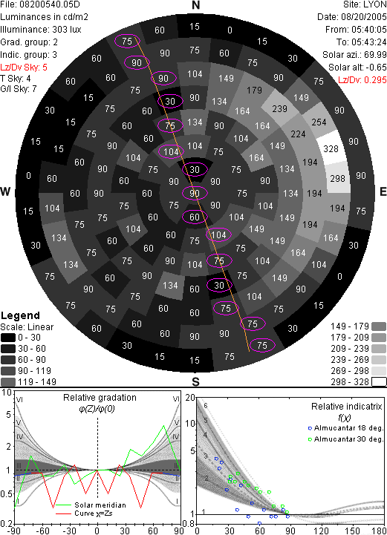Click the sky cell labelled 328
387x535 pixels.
(331, 148)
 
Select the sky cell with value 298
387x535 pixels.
(338, 178)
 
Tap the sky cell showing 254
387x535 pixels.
(319, 122)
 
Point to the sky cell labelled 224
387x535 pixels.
(298, 134)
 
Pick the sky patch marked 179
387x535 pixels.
(255, 90)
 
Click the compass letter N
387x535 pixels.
(195, 5)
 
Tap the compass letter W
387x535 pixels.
(4, 191)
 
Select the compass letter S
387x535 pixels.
(195, 381)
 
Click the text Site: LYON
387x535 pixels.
(365, 4)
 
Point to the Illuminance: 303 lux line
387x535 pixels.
(41, 30)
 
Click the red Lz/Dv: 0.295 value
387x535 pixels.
(362, 80)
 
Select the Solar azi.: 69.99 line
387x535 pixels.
(354, 55)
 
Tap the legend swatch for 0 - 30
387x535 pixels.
(8, 338)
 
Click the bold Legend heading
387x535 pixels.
(21, 315)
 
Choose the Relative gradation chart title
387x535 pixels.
(100, 398)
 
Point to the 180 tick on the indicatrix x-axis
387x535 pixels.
(379, 531)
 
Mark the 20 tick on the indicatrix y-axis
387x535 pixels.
(190, 398)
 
